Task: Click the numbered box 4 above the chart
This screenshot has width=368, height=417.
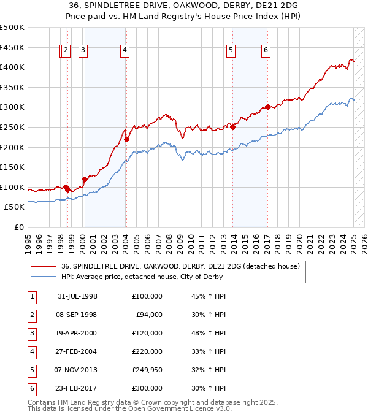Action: [x=125, y=51]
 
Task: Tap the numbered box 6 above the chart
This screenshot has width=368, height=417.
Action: [x=266, y=51]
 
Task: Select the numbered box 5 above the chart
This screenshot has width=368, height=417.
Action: [x=231, y=51]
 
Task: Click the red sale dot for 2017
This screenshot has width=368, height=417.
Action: [x=267, y=107]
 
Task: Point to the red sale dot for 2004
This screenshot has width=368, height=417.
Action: [x=126, y=139]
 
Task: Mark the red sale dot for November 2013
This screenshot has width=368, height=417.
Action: [x=233, y=127]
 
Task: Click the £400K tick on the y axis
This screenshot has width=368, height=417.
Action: [x=12, y=67]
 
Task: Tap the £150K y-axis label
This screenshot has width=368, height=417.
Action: [x=12, y=167]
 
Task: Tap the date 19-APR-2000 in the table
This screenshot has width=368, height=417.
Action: [x=77, y=333]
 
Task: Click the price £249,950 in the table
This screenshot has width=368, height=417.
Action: [x=147, y=370]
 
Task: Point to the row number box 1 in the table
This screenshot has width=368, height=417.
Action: [x=31, y=296]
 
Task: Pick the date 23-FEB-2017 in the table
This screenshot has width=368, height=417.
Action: [x=77, y=388]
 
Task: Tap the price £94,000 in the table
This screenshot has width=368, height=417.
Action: [x=148, y=315]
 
